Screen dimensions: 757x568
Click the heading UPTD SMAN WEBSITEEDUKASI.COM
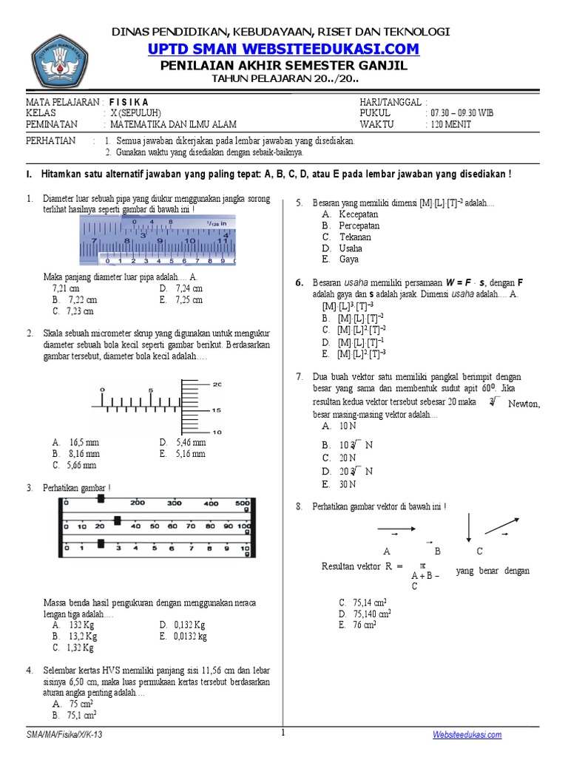pos(283,49)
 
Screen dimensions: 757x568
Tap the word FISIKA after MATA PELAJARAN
pos(129,102)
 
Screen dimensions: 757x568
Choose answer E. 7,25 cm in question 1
pos(180,300)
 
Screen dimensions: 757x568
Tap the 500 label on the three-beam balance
pos(242,503)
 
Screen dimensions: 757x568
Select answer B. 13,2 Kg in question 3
pos(75,636)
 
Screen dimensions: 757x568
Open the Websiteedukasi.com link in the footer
pos(467,734)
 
